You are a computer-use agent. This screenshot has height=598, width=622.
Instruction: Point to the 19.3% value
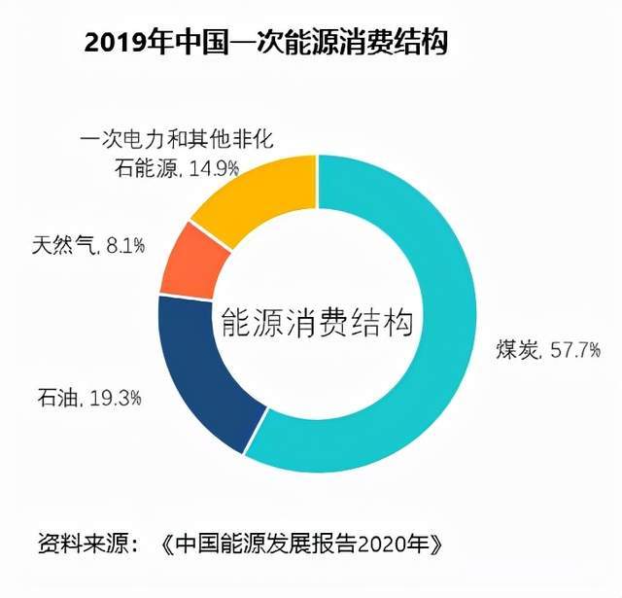(117, 397)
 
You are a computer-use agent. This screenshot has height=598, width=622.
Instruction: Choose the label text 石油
(58, 397)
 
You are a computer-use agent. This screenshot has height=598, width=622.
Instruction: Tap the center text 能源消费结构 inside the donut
(316, 322)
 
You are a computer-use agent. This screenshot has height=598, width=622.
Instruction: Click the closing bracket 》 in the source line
(441, 542)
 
